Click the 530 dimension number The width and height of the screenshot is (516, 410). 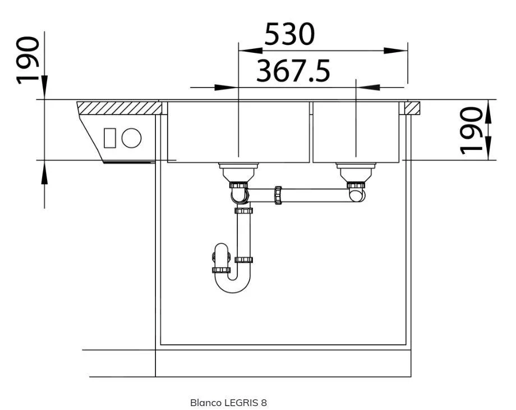(289, 34)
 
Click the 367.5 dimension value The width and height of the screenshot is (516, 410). (293, 71)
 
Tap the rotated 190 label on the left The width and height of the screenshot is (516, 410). (28, 60)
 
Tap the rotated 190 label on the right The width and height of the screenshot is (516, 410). (471, 130)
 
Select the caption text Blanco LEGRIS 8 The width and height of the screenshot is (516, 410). (228, 403)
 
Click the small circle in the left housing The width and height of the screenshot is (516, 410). (131, 138)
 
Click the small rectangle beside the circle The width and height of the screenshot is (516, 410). (109, 138)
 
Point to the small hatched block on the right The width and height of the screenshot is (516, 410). (412, 108)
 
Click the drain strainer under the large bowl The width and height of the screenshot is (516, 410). (238, 172)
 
